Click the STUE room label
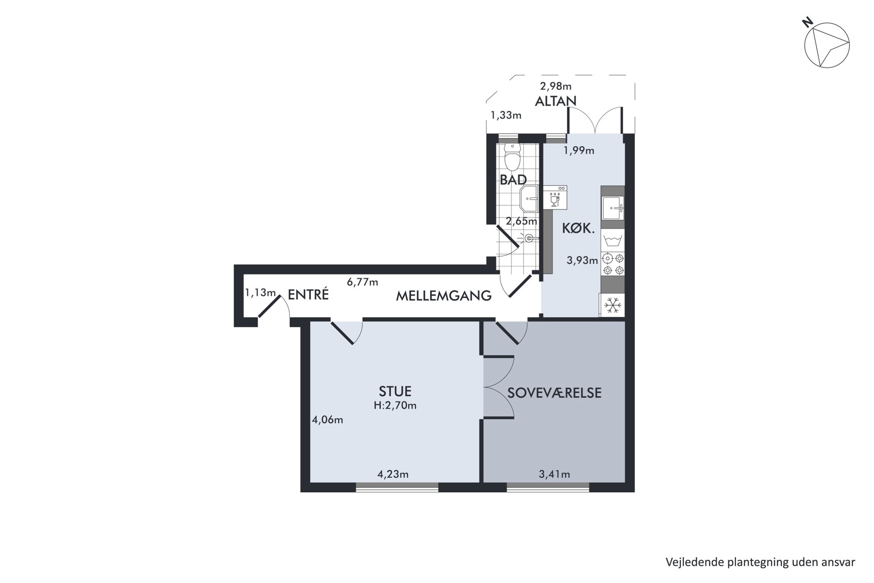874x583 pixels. click(395, 391)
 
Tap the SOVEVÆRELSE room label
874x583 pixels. click(554, 393)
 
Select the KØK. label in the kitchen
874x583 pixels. click(578, 228)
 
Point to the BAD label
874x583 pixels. click(513, 180)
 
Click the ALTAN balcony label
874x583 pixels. click(556, 101)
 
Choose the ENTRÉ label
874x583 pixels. click(308, 294)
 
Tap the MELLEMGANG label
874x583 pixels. click(444, 296)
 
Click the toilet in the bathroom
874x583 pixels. click(512, 157)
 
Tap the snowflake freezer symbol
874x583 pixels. click(613, 305)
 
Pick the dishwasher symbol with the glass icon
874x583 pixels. click(555, 197)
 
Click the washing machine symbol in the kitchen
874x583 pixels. click(613, 241)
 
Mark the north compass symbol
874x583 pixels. click(826, 44)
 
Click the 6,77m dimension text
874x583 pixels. click(363, 282)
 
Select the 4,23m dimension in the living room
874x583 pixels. click(393, 474)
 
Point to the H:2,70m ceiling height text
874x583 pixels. click(395, 405)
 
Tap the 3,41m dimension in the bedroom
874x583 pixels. click(554, 474)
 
